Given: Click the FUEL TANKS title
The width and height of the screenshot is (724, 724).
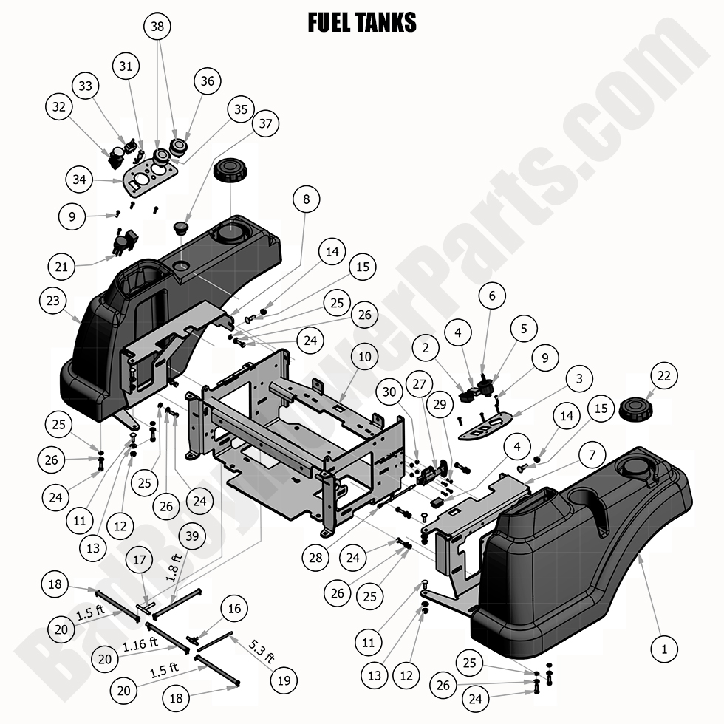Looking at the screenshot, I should (361, 23).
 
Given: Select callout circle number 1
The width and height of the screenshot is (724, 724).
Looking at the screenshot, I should (664, 649).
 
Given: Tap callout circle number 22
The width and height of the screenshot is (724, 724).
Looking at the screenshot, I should (664, 376).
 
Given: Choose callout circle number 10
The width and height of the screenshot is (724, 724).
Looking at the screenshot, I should (364, 357).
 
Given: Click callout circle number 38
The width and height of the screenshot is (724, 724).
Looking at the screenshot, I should (156, 26).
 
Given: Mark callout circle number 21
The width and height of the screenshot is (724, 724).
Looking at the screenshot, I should (64, 264).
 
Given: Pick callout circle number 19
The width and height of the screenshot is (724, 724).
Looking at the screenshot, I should (284, 679).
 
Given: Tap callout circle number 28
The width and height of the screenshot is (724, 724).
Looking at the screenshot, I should (316, 557).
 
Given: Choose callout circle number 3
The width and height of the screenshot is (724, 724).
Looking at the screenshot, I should (579, 378).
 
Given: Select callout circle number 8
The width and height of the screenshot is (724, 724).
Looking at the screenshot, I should (306, 199).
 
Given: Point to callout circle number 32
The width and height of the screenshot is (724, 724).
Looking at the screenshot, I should (59, 106).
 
